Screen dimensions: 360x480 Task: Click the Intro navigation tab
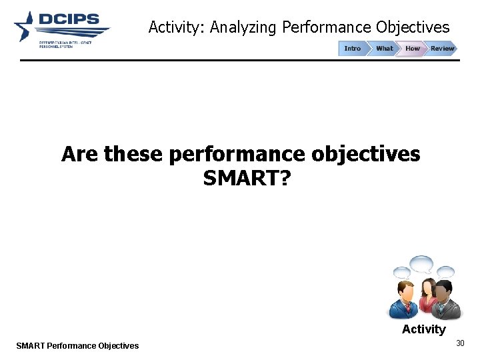point(352,49)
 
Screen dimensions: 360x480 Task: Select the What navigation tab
point(384,49)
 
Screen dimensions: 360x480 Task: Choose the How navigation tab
point(413,49)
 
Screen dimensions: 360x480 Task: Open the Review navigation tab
point(441,49)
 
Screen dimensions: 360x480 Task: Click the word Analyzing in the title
point(243,28)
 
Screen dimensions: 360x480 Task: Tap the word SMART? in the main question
point(246,178)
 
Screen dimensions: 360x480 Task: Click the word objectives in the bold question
point(365,154)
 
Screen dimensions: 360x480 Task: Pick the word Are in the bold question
point(80,154)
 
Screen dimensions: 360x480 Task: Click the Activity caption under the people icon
point(423,329)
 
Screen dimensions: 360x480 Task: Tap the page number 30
point(459,343)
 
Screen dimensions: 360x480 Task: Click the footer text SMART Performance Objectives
point(77,345)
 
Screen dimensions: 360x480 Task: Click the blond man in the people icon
point(404,299)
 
